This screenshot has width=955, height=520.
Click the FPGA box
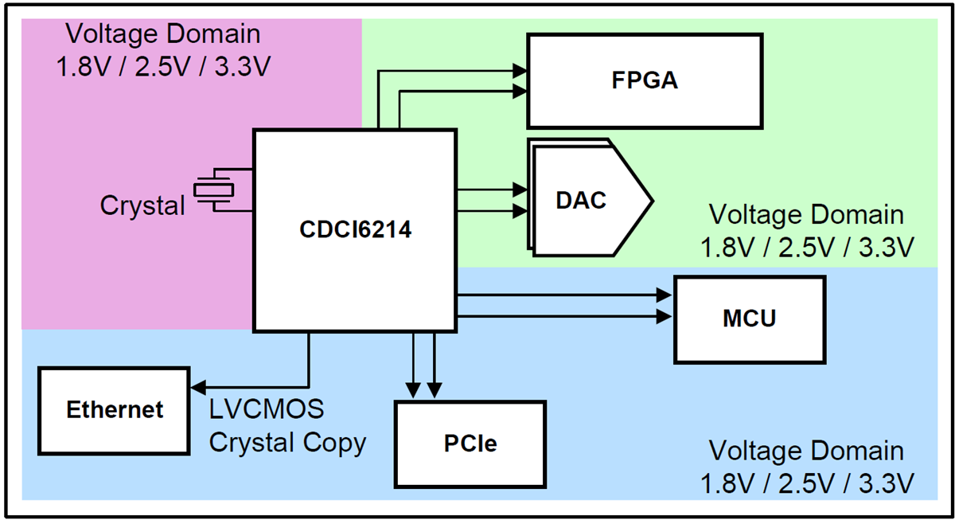pyautogui.click(x=645, y=80)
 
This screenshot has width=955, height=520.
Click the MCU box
pyautogui.click(x=749, y=319)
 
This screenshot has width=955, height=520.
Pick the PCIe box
pyautogui.click(x=470, y=443)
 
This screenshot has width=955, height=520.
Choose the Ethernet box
pyautogui.click(x=115, y=409)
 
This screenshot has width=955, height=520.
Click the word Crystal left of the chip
pyautogui.click(x=142, y=205)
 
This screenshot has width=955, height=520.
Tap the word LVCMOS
pyautogui.click(x=267, y=409)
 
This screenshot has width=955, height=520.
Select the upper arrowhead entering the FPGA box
pyautogui.click(x=521, y=70)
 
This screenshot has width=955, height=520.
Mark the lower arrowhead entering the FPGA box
pyautogui.click(x=521, y=92)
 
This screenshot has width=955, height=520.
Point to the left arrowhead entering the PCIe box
pyautogui.click(x=414, y=390)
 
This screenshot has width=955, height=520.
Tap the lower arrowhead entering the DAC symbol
pyautogui.click(x=521, y=211)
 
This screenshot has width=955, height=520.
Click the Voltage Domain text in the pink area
pyautogui.click(x=162, y=34)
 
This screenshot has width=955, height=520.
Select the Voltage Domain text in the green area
pyautogui.click(x=805, y=215)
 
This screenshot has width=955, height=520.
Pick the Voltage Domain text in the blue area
pyautogui.click(x=805, y=451)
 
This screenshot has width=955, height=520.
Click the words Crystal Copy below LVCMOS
pyautogui.click(x=287, y=442)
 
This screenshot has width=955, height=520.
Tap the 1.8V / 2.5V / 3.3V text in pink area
pyautogui.click(x=162, y=65)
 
